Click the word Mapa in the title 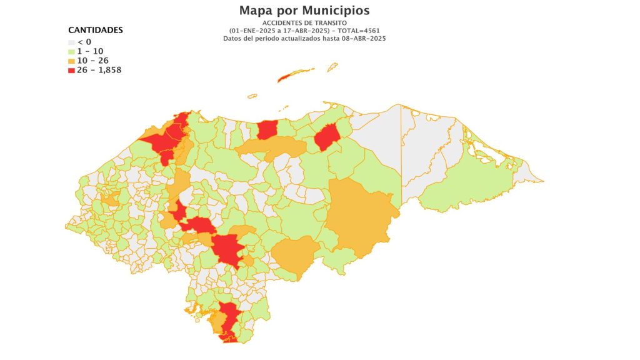tap(257, 11)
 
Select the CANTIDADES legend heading tap(95, 30)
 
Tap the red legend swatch tap(71, 70)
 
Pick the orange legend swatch tap(71, 61)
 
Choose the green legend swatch tap(71, 51)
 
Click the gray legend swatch tap(71, 42)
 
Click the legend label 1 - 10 tap(90, 51)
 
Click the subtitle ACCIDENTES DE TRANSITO tap(304, 23)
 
